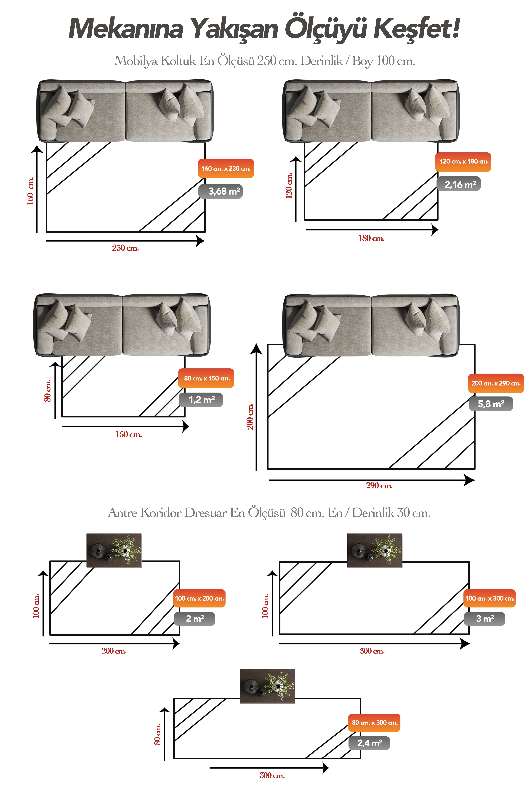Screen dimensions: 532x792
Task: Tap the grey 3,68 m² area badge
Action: click(221, 191)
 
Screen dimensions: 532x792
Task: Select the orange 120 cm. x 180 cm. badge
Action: click(463, 162)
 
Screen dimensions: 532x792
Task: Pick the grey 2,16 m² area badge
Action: click(459, 184)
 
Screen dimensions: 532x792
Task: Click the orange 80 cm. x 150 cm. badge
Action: click(206, 378)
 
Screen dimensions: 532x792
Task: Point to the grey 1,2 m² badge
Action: click(201, 400)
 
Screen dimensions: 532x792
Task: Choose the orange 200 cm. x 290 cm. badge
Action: click(496, 383)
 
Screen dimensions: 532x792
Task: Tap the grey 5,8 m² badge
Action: click(491, 404)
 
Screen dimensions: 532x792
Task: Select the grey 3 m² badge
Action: click(484, 619)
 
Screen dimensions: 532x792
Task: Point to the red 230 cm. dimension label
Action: click(125, 248)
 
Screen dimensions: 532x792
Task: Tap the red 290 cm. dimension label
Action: click(379, 486)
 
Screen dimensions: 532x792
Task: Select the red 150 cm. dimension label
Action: click(129, 435)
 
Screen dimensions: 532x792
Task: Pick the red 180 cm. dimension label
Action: click(372, 238)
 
